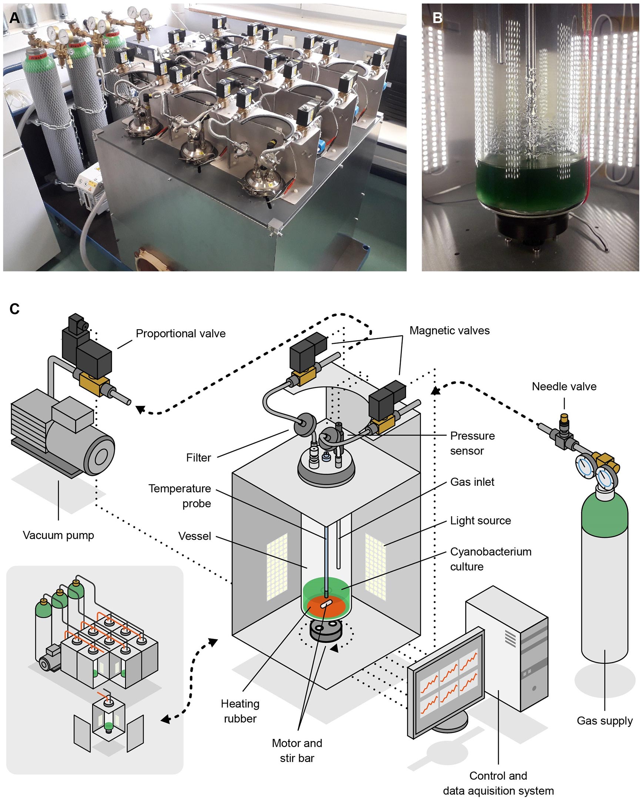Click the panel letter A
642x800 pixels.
point(14,17)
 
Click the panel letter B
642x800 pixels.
point(438,17)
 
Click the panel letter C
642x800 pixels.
point(14,309)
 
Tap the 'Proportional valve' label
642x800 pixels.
point(180,334)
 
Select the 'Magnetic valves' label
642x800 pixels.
point(449,331)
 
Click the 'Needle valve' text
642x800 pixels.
point(564,387)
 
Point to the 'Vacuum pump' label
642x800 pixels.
point(58,535)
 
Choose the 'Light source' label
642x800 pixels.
point(480,521)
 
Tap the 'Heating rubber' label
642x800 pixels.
point(240,711)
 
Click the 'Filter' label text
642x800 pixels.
point(198,458)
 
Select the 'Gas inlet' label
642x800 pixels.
point(472,482)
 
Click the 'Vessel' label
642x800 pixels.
point(194,536)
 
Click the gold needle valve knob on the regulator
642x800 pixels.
point(564,418)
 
